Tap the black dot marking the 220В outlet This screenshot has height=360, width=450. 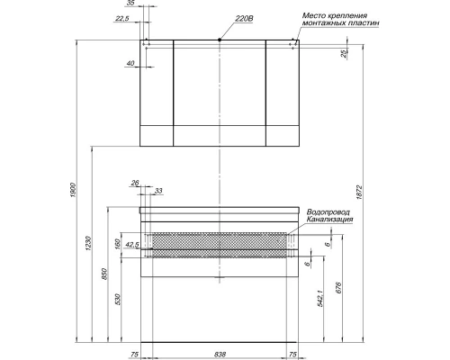pyautogui.click(x=220, y=40)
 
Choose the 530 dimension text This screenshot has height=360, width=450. pyautogui.click(x=118, y=300)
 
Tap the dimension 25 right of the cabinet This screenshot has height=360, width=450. pyautogui.click(x=345, y=54)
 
